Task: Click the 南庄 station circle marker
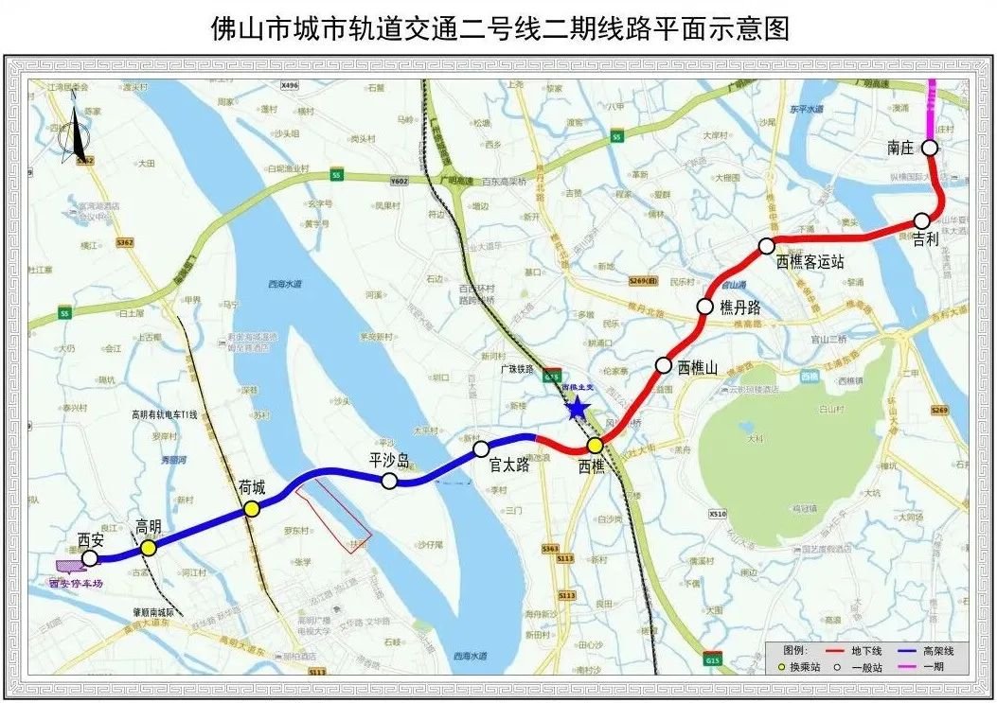point(930,148)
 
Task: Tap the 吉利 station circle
point(921,220)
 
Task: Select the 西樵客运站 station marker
point(766,246)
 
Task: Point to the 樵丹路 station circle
point(704,306)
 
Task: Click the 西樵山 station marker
point(664,365)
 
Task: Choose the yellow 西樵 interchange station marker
point(595,446)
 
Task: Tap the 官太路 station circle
point(481,448)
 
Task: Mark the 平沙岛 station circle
point(389,481)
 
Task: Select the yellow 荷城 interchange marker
point(252,509)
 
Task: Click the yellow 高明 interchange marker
point(148,547)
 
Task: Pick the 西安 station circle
point(89,558)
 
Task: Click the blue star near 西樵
point(576,409)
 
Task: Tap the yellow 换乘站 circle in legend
point(781,667)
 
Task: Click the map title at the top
point(499,29)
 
